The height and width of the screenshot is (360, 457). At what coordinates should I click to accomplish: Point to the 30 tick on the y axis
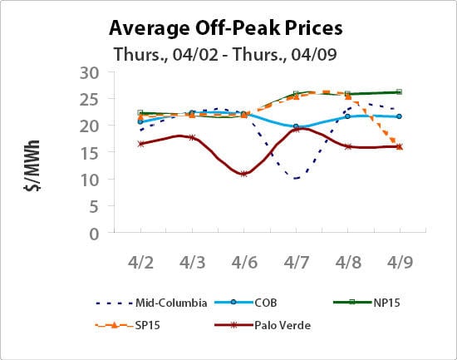[89, 72]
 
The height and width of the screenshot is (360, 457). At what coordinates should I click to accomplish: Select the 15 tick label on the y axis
[89, 153]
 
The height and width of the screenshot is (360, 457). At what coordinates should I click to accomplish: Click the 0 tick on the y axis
[94, 234]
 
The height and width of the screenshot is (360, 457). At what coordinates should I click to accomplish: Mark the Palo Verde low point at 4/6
[244, 174]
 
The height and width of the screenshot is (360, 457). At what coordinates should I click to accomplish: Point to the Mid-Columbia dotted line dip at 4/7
[296, 178]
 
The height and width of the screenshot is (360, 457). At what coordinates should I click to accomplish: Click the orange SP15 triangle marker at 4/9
[399, 145]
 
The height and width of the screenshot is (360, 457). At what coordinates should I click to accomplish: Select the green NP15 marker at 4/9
[399, 91]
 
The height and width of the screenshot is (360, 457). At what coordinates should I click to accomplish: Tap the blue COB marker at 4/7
[296, 126]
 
